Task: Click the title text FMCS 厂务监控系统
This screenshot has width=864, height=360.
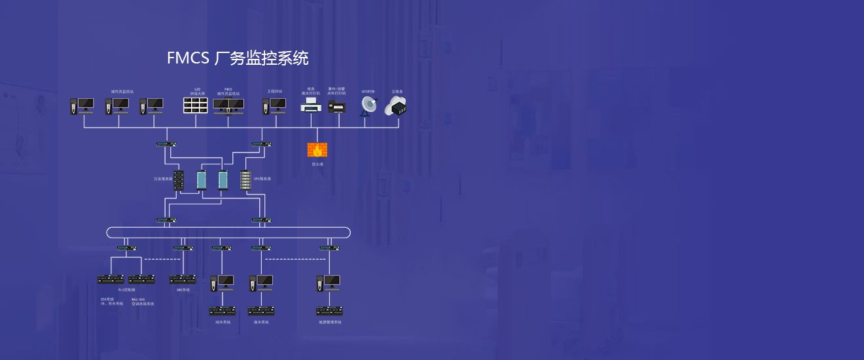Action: click(x=238, y=58)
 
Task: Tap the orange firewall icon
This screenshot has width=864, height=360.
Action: click(x=317, y=150)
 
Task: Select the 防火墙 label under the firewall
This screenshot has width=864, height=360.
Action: click(x=317, y=164)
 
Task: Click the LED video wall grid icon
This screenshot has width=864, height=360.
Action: click(x=194, y=106)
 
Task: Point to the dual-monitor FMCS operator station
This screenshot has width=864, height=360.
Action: click(x=228, y=106)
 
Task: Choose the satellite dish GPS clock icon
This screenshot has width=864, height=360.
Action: click(x=369, y=106)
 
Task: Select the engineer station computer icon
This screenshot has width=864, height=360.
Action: click(x=274, y=106)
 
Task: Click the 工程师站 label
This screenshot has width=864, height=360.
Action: click(x=274, y=91)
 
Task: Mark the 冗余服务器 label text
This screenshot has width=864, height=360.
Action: click(x=163, y=178)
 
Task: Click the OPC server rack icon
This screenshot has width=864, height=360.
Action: click(x=245, y=180)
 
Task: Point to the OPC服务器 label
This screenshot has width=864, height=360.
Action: click(x=262, y=178)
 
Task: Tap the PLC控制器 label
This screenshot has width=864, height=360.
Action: click(x=126, y=289)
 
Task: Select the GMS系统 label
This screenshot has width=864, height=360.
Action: click(x=183, y=289)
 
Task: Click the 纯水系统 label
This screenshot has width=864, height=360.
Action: click(x=223, y=322)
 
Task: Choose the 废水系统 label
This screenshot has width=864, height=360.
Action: click(x=261, y=322)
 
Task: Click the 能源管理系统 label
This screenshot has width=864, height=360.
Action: click(x=330, y=322)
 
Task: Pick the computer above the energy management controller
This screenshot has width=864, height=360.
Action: click(x=329, y=283)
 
